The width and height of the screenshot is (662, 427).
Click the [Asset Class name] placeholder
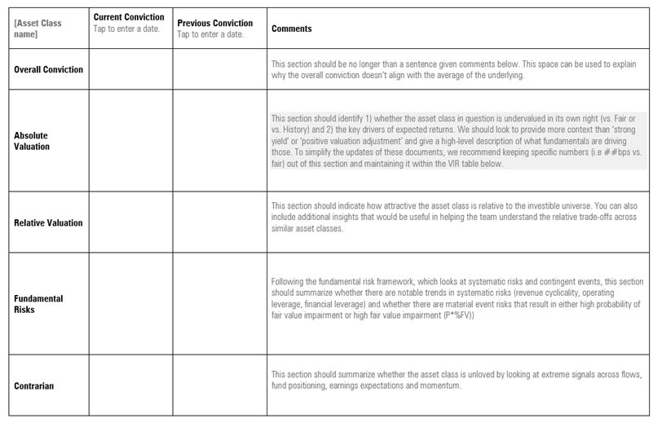click(38, 29)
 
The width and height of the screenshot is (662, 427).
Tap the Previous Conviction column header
click(214, 23)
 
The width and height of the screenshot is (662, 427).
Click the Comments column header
click(291, 29)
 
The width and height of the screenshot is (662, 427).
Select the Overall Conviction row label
click(49, 70)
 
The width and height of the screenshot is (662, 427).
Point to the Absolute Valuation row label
click(33, 141)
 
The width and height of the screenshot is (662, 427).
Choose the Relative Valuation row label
click(48, 222)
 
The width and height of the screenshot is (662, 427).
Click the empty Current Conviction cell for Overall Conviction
click(130, 70)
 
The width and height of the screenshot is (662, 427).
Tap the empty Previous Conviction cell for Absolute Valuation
click(218, 141)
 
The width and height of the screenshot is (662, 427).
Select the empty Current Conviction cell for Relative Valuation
click(130, 222)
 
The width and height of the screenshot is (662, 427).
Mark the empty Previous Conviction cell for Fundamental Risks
click(218, 304)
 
